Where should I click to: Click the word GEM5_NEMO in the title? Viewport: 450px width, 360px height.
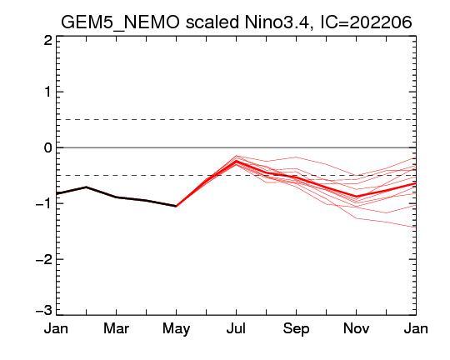tap(120, 22)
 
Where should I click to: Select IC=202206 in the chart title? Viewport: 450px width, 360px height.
tap(366, 22)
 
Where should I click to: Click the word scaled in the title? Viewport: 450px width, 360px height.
tap(212, 22)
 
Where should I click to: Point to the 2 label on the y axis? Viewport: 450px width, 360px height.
tap(48, 41)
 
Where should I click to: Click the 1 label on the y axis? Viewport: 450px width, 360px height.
tap(48, 92)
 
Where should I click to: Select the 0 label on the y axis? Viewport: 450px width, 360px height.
tap(48, 147)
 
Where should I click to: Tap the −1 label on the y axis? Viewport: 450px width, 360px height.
tap(44, 203)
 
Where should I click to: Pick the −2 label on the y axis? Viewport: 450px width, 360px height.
tap(44, 259)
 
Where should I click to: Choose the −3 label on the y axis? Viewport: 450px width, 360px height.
tap(44, 310)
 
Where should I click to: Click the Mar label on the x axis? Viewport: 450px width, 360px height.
tap(116, 328)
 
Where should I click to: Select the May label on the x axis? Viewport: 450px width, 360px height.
tap(176, 329)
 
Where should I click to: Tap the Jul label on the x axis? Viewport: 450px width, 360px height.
tap(236, 328)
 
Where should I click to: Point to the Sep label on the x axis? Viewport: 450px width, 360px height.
tap(296, 329)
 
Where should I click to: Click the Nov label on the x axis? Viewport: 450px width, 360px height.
tap(356, 328)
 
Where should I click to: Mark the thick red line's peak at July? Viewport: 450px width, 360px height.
tap(236, 162)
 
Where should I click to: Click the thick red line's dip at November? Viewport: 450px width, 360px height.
tap(357, 197)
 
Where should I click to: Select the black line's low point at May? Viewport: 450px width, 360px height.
tap(176, 206)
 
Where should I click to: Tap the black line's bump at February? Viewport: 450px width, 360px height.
tap(86, 187)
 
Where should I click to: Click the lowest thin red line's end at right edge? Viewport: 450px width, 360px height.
tap(416, 227)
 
